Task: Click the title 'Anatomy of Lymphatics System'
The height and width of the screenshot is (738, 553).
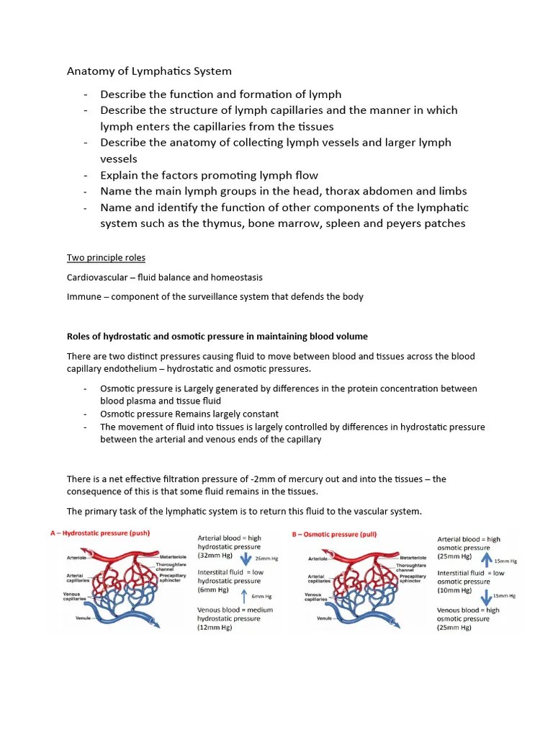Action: pos(150,71)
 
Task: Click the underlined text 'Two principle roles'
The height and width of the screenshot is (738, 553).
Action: pos(106,257)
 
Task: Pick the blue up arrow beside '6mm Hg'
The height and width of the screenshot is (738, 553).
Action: pos(243,596)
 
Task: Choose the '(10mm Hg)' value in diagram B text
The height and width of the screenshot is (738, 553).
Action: pos(455,590)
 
